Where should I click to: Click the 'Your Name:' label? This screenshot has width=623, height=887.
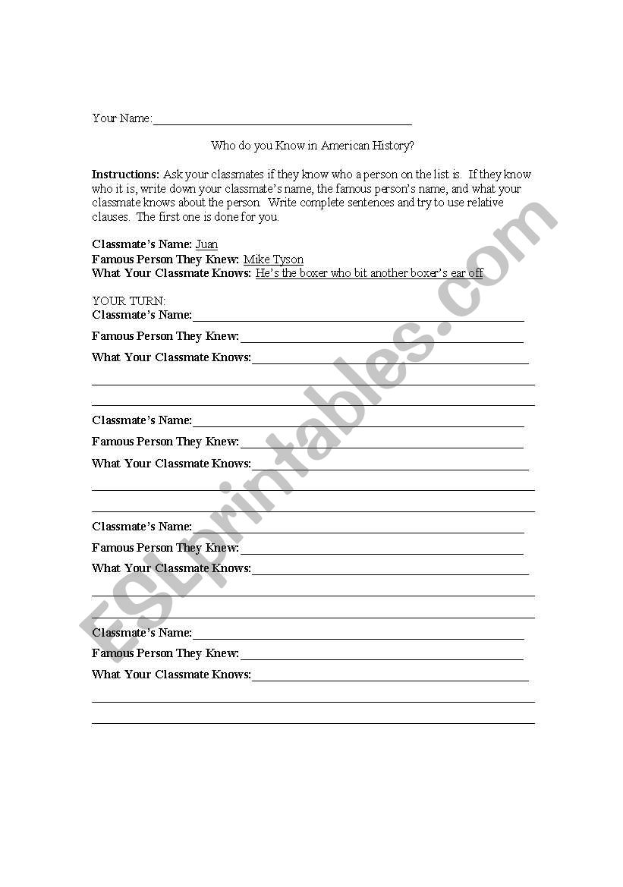coord(121,118)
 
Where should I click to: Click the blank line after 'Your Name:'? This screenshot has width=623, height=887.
coord(282,122)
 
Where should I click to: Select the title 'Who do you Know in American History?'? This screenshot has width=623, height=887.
coord(312,146)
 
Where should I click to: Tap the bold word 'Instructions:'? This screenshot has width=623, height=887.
coord(125,175)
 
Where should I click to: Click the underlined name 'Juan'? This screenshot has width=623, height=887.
coord(206,244)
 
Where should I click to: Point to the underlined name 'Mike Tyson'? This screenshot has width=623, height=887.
coord(273,259)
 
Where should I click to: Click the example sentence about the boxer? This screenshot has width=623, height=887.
coord(369,273)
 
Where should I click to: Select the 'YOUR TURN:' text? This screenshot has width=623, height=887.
coord(128,301)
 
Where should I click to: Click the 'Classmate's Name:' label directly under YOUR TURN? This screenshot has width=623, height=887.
coord(142,315)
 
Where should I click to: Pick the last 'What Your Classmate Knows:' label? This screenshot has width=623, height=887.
coord(171,675)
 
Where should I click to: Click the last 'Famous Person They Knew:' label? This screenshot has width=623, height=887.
coord(165,653)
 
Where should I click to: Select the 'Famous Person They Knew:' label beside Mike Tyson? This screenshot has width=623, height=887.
coord(165,259)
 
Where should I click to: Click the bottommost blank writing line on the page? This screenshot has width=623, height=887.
coord(313,722)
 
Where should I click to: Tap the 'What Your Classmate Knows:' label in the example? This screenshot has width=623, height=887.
coord(171,273)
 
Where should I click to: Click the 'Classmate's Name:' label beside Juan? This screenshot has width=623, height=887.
coord(141,244)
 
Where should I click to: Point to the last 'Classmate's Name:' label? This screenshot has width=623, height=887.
coord(142,633)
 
